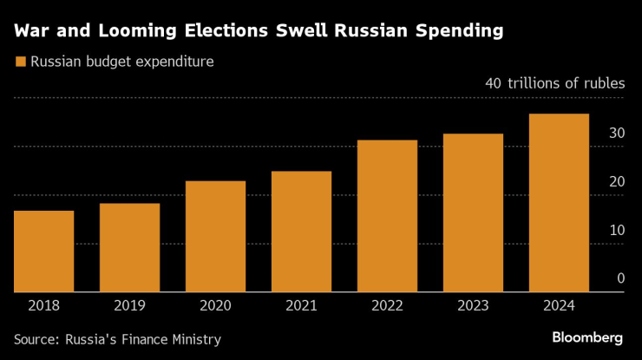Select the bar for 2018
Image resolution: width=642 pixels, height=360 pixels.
tap(43, 252)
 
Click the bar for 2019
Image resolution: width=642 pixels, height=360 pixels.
tap(129, 248)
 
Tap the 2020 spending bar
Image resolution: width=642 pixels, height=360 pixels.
tap(215, 237)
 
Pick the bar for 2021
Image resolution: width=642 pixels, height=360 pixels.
tap(301, 232)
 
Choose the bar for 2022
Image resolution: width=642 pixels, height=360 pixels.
tap(387, 216)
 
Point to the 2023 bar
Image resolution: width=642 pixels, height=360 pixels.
tap(473, 213)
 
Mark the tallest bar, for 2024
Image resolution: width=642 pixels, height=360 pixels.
tap(559, 203)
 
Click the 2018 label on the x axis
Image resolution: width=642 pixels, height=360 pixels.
tap(43, 304)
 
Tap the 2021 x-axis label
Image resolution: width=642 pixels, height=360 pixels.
tap(301, 304)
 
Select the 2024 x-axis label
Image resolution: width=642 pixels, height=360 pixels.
tap(559, 304)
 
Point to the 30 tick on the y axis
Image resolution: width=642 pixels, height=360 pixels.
tap(617, 133)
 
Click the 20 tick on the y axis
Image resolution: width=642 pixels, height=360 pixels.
tap(617, 181)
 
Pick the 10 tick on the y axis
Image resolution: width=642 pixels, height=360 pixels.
tap(617, 230)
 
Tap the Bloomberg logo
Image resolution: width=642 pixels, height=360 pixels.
tap(587, 337)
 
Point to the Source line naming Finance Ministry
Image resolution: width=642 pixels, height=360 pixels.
tap(117, 339)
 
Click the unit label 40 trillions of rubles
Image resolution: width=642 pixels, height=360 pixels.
tap(555, 84)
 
